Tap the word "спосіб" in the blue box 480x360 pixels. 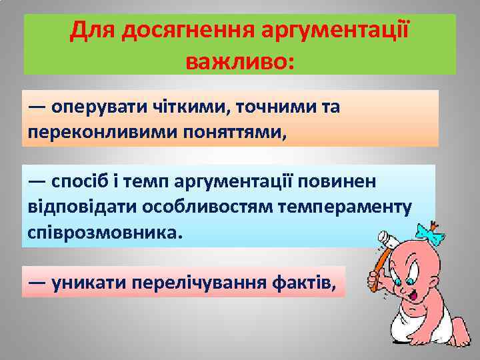click(x=79, y=181)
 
